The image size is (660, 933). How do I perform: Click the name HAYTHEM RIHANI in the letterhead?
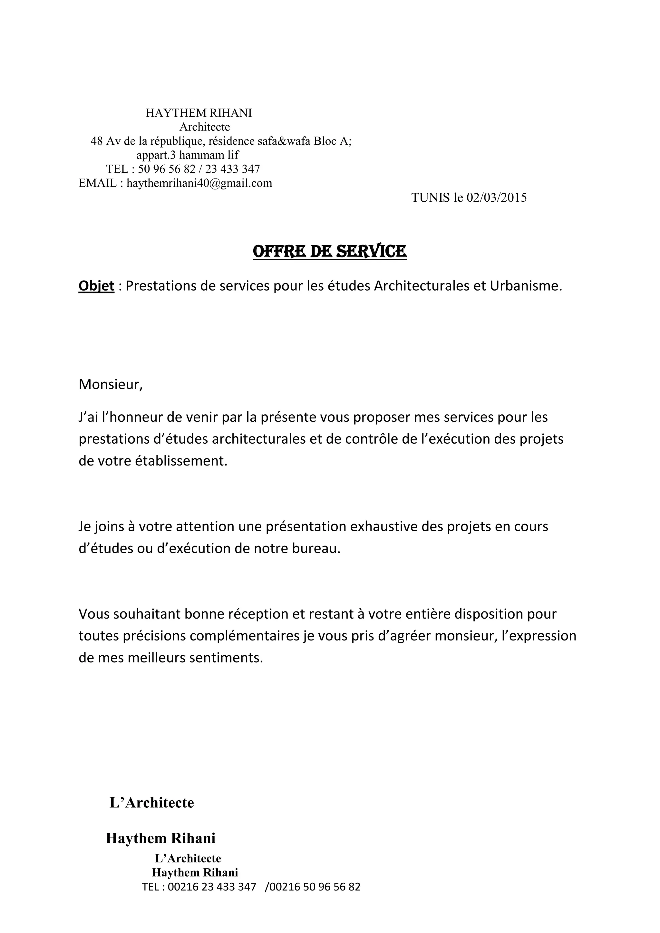[199, 113]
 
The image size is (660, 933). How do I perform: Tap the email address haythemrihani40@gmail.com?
[199, 183]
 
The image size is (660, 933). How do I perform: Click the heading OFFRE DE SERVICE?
[330, 252]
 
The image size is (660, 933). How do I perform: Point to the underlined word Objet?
[96, 286]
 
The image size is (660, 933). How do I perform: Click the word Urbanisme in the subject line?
[526, 286]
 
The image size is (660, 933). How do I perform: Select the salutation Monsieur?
[111, 384]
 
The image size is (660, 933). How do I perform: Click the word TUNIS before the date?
[430, 197]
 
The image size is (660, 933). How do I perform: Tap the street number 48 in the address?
[97, 141]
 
